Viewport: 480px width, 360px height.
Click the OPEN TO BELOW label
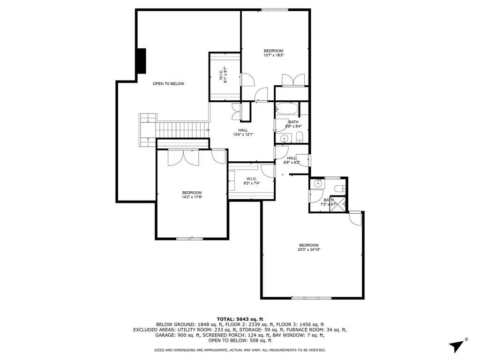click(x=168, y=84)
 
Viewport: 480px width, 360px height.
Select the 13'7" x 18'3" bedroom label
click(x=273, y=53)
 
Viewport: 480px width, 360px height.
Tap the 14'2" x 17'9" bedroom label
click(x=192, y=195)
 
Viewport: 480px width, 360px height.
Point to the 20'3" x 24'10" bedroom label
click(x=309, y=247)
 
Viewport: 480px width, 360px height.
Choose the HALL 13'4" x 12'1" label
click(x=243, y=133)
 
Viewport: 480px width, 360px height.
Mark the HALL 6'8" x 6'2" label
click(x=292, y=160)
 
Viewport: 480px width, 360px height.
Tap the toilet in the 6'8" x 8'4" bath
click(x=300, y=137)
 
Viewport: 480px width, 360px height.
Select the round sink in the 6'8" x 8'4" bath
click(x=283, y=138)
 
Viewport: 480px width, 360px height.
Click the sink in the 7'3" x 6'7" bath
click(x=318, y=184)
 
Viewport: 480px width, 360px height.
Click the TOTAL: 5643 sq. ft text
click(x=240, y=319)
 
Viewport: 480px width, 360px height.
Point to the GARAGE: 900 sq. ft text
click(x=174, y=335)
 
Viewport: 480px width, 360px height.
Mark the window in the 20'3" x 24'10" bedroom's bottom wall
click(x=312, y=298)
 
